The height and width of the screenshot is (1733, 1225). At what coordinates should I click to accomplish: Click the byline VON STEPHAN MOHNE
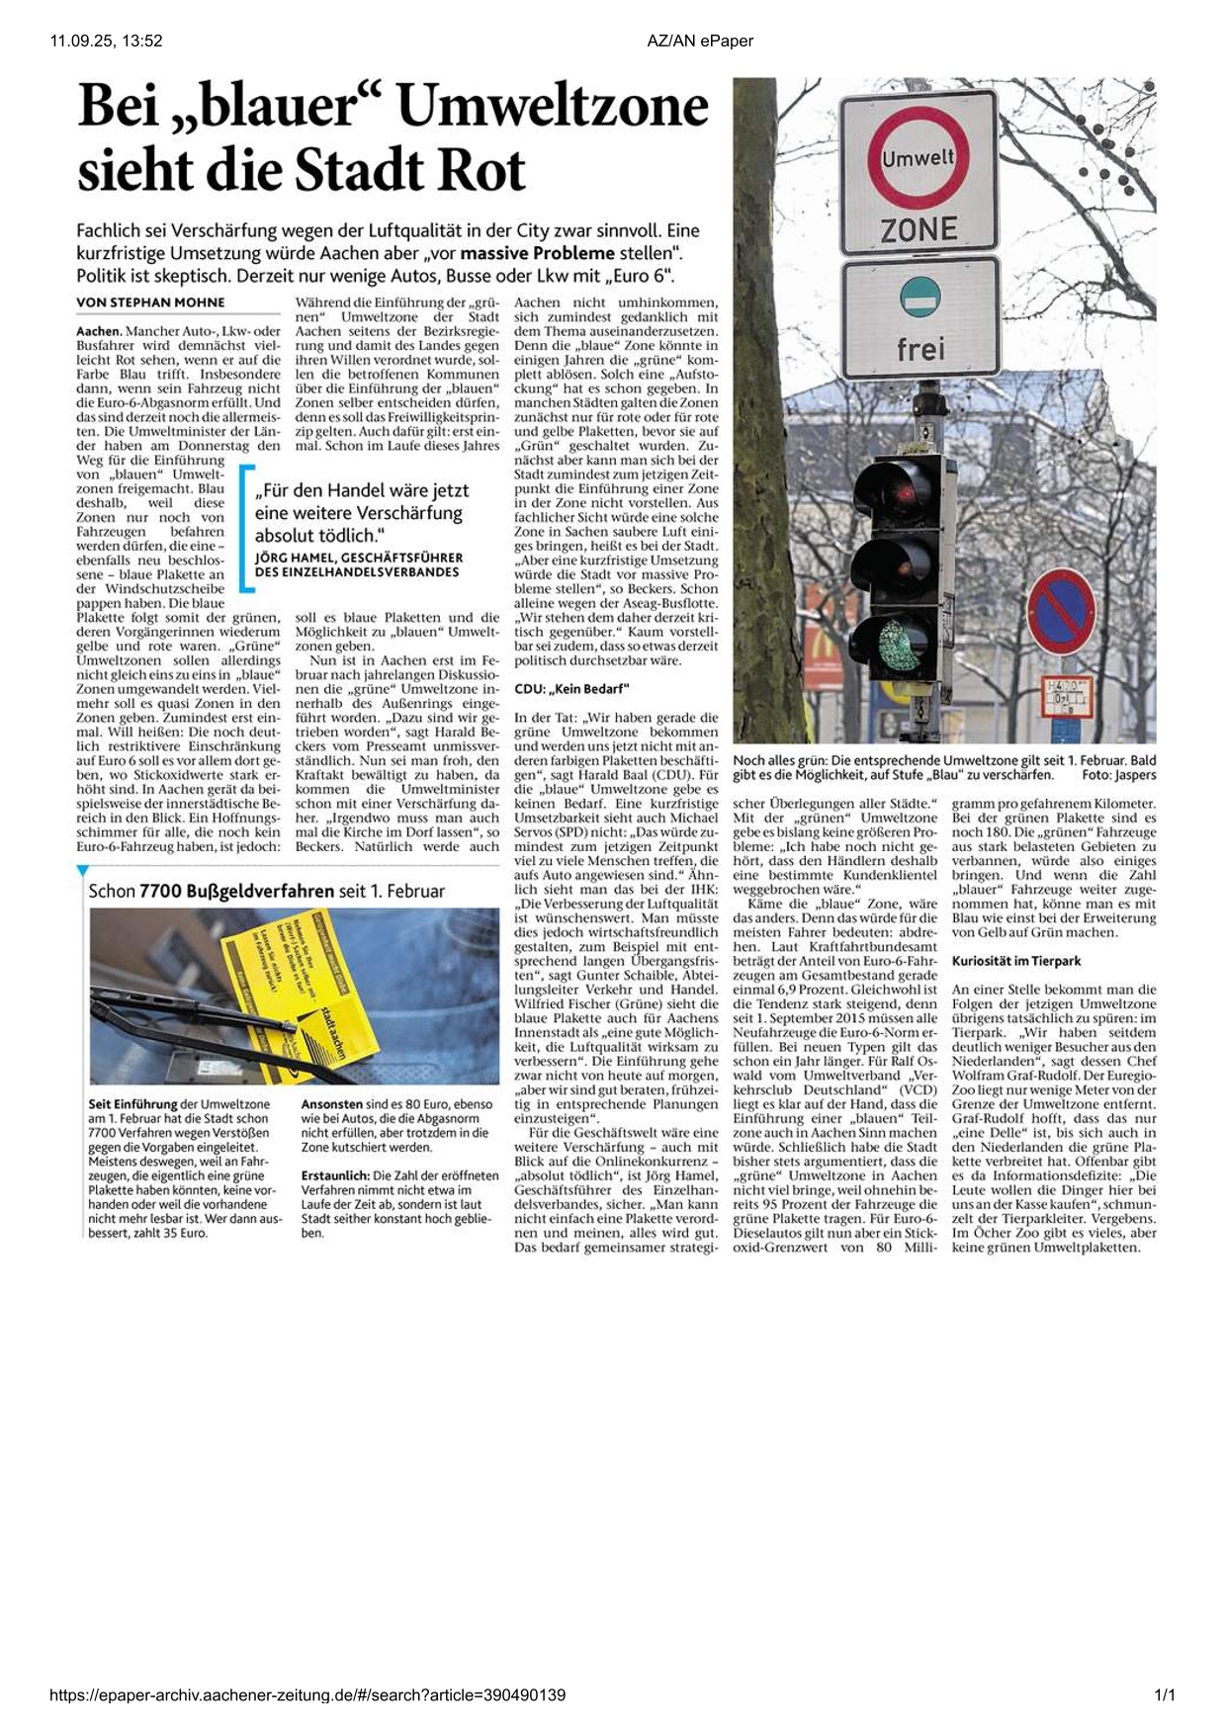click(150, 303)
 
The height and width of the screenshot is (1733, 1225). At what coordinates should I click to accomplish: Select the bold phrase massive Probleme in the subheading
click(537, 253)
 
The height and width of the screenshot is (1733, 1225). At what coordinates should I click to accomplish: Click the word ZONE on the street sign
click(919, 230)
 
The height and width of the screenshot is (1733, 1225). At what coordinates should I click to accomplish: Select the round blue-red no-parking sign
click(1062, 612)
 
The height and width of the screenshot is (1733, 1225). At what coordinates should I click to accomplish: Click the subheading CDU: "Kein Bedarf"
click(571, 688)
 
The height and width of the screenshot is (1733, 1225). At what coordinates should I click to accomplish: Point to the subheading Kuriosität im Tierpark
click(1016, 961)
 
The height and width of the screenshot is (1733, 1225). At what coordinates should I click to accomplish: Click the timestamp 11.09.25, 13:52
click(106, 41)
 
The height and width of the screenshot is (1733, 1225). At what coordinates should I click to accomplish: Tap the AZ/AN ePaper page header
click(700, 41)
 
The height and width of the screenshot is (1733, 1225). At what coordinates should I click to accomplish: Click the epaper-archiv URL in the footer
click(307, 1695)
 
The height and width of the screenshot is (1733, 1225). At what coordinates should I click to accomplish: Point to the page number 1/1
click(1165, 1695)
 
